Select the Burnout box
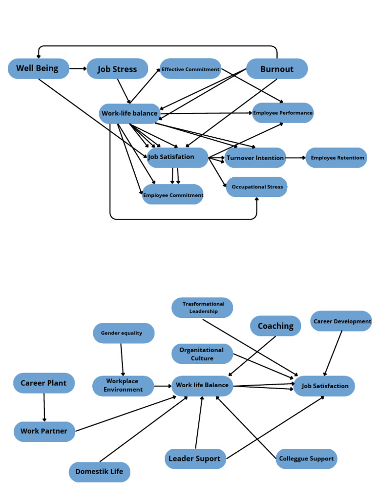coord(277,69)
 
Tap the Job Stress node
coord(117,69)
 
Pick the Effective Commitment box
coord(190,69)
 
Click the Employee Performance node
coord(283,113)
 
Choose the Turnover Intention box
coord(255,158)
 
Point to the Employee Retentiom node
coord(336,158)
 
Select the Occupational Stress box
coord(257,187)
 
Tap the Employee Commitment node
coord(173,195)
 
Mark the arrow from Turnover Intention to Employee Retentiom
coord(296,158)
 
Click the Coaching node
coord(275,326)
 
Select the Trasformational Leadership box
coord(203,308)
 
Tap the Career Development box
coord(341,321)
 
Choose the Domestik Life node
coord(100,472)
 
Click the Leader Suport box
coord(195,458)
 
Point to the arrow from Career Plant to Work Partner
coord(44,407)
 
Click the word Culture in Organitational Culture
coord(202,358)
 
